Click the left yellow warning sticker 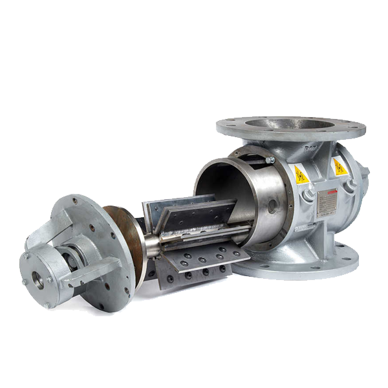[301, 174]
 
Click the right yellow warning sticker [339, 167]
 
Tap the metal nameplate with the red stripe [327, 202]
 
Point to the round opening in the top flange [290, 124]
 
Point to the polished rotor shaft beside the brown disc [153, 245]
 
